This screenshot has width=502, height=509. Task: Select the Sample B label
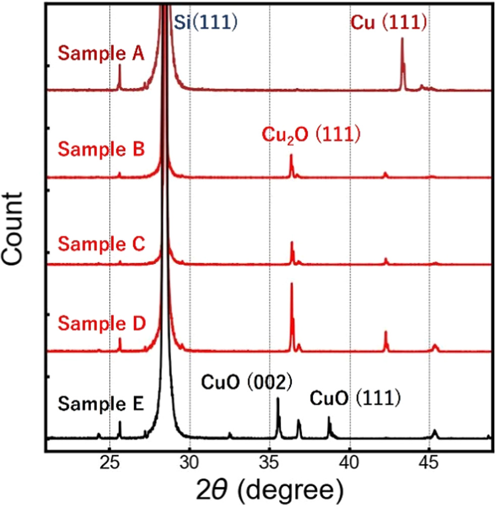101,150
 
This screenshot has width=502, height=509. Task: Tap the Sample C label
101,244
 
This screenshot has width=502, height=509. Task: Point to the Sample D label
101,322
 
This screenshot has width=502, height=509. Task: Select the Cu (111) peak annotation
389,22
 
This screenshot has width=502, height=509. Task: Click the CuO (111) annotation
355,398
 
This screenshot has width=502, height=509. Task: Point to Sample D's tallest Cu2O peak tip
292,284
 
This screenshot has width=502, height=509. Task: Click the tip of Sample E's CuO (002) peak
277,398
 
